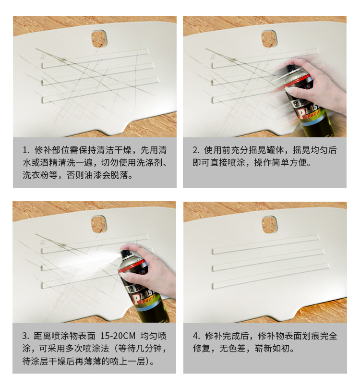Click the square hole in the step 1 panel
click(99, 39)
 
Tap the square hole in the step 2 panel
click(269, 39)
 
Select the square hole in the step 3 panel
click(99, 224)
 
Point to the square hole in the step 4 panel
click(269, 224)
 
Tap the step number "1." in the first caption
click(26, 150)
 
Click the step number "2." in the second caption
click(196, 150)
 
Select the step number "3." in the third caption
click(26, 336)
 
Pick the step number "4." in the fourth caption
click(197, 336)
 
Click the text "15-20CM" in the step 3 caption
click(118, 336)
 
